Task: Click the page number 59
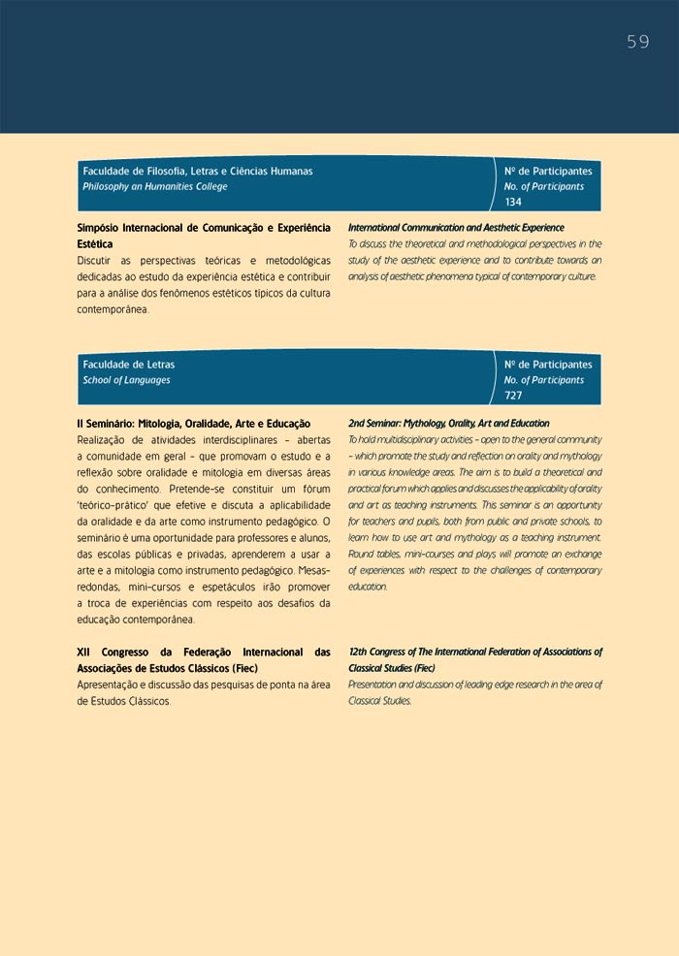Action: (x=637, y=42)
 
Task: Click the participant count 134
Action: (x=514, y=202)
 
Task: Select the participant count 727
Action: (x=514, y=396)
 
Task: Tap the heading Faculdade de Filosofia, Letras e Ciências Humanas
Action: (x=198, y=171)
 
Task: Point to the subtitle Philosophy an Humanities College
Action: (x=155, y=186)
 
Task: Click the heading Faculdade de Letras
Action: (x=129, y=365)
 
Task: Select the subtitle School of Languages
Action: (x=126, y=380)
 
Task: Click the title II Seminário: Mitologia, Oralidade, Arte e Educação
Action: (x=193, y=424)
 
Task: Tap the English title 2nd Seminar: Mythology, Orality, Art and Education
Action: (x=448, y=424)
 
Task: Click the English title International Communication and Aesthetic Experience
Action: (x=456, y=228)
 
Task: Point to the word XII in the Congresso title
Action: (x=84, y=653)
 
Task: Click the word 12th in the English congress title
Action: (x=359, y=653)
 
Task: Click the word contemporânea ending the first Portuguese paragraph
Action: (x=113, y=309)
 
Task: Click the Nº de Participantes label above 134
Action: (x=548, y=171)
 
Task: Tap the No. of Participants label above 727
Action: (x=544, y=380)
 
